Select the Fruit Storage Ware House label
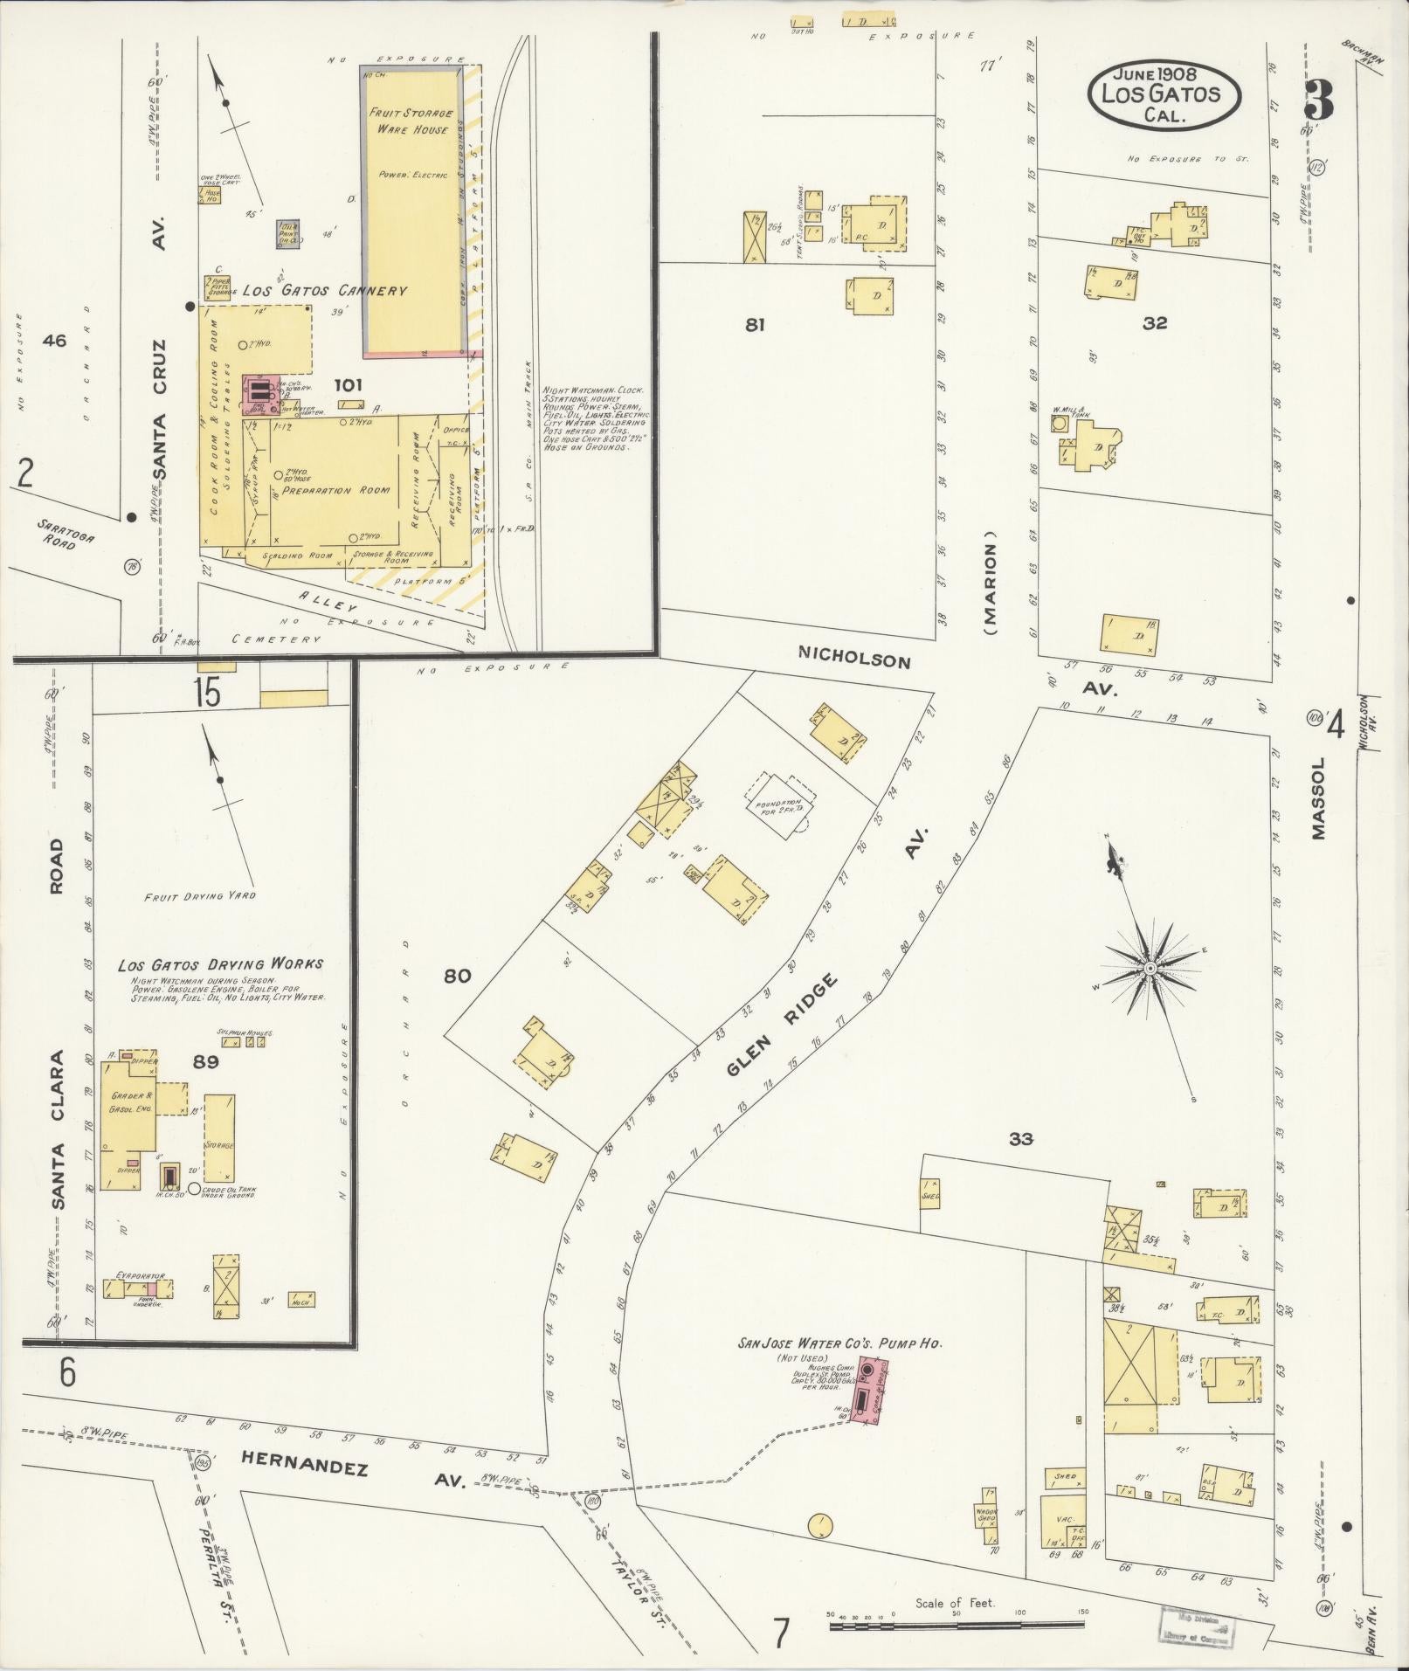point(411,121)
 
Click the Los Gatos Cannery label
point(324,291)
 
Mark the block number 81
point(755,325)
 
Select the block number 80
point(458,976)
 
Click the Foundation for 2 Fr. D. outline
point(780,802)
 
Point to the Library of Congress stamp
point(1195,1626)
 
